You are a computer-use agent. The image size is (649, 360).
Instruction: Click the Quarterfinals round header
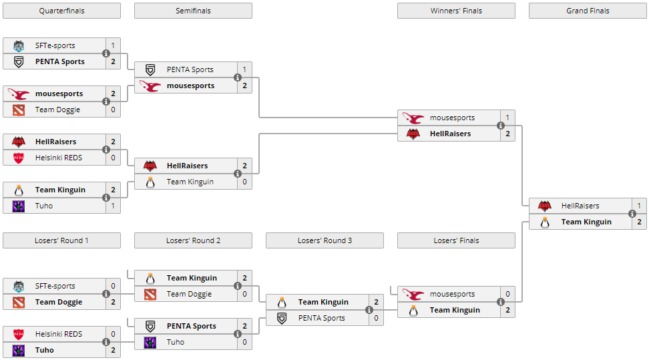point(61,11)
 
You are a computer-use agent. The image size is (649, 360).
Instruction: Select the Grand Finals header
point(588,11)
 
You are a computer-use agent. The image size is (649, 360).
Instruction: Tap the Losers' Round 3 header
point(324,240)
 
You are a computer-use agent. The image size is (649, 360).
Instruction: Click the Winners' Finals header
point(456,11)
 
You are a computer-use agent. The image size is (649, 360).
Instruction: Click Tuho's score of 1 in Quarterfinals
point(113,206)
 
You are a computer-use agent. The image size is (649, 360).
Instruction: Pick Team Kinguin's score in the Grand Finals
point(639,222)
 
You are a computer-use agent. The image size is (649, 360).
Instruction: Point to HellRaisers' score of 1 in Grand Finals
point(639,206)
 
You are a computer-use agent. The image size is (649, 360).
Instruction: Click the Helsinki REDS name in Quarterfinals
point(59,158)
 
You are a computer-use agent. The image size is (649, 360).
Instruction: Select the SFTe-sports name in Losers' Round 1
point(55,286)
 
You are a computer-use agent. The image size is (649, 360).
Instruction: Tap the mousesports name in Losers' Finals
point(452,294)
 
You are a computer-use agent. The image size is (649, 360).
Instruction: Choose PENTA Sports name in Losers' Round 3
point(321,318)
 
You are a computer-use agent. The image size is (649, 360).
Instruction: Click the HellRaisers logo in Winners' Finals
point(413,134)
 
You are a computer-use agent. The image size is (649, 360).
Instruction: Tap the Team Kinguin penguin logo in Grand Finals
point(545,222)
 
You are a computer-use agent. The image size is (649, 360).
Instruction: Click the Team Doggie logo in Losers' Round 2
point(150,294)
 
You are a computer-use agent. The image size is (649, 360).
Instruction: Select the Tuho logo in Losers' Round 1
point(19,350)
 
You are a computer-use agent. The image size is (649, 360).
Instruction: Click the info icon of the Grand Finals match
point(632,214)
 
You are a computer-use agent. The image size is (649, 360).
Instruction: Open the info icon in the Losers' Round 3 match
point(369,310)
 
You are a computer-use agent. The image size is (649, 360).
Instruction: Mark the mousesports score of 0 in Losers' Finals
point(507,294)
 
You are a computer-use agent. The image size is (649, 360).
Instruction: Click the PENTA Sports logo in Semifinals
point(150,69)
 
